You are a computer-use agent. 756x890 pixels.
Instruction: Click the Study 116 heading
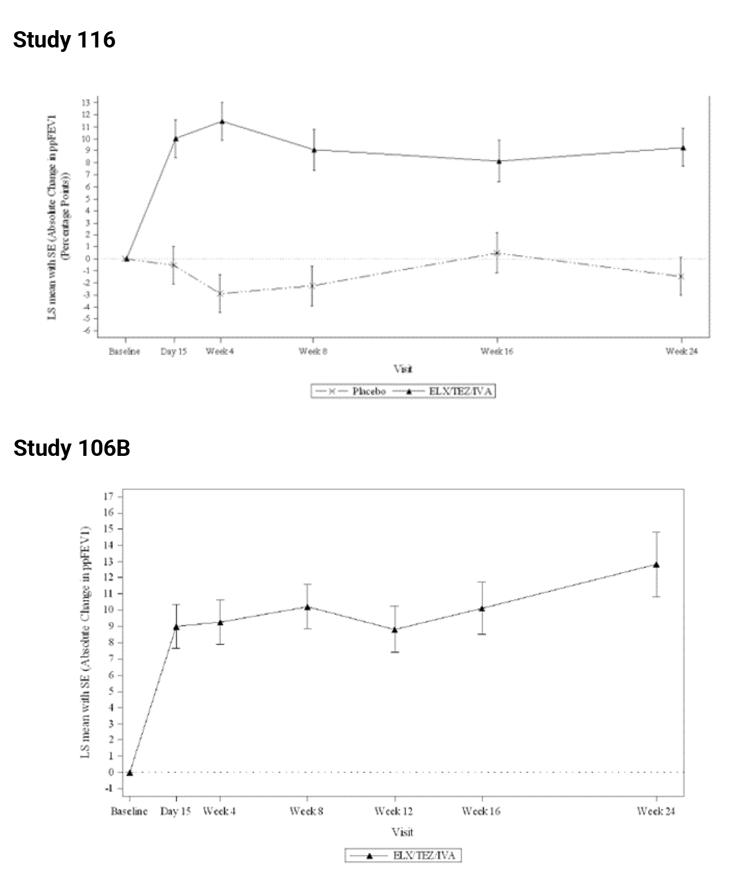pos(64,40)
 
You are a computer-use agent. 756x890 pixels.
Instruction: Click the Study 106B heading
pos(72,448)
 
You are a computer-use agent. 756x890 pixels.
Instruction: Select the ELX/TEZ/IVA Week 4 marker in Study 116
pos(222,121)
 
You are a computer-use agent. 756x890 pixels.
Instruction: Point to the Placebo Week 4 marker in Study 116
pos(220,293)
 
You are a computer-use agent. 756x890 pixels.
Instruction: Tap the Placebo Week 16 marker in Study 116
pos(498,253)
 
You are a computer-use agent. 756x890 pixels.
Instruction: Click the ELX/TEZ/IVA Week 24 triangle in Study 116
pos(683,148)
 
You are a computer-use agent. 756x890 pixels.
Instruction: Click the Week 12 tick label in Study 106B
pos(393,811)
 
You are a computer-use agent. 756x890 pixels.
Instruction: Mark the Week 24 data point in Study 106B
pos(656,565)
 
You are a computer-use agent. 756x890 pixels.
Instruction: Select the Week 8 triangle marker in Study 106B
pos(307,607)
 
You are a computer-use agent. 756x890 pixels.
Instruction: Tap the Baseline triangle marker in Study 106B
pos(129,773)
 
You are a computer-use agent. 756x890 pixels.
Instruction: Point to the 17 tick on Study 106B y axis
pos(109,496)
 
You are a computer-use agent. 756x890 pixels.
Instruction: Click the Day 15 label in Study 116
pos(173,352)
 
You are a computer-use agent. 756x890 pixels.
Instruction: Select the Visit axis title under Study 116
pos(403,369)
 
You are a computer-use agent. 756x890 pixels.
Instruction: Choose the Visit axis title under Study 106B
pos(402,832)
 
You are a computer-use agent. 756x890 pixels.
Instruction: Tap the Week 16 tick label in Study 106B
pos(481,811)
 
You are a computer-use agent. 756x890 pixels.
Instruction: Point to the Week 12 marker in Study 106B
pos(395,629)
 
